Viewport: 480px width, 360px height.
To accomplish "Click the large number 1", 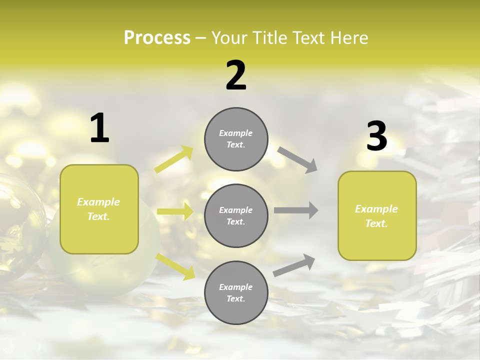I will pyautogui.click(x=99, y=128).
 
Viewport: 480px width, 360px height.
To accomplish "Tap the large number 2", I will pyautogui.click(x=236, y=75).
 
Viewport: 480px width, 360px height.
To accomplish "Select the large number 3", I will pyautogui.click(x=376, y=136).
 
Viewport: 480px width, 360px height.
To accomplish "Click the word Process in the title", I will pyautogui.click(x=157, y=37).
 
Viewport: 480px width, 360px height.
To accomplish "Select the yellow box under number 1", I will pyautogui.click(x=99, y=209).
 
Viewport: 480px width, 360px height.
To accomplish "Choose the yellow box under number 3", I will pyautogui.click(x=377, y=215).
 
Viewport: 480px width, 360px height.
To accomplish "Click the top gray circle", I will pyautogui.click(x=236, y=139).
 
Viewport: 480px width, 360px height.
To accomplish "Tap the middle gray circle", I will pyautogui.click(x=236, y=215).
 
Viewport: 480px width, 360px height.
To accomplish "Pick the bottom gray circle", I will pyautogui.click(x=236, y=292).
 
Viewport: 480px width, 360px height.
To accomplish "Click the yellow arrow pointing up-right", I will pyautogui.click(x=174, y=159).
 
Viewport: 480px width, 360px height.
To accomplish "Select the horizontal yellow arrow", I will pyautogui.click(x=175, y=211).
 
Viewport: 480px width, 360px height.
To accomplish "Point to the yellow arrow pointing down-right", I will pyautogui.click(x=175, y=266).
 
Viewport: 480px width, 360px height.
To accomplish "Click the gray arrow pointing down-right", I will pyautogui.click(x=297, y=159).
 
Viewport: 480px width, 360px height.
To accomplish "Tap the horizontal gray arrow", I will pyautogui.click(x=296, y=210).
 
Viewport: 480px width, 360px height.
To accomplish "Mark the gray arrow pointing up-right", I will pyautogui.click(x=294, y=265).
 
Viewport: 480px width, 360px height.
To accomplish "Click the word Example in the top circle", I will pyautogui.click(x=236, y=133).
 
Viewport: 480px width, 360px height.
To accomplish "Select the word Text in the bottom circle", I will pyautogui.click(x=235, y=298).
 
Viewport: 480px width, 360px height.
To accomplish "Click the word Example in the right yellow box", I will pyautogui.click(x=376, y=209).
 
